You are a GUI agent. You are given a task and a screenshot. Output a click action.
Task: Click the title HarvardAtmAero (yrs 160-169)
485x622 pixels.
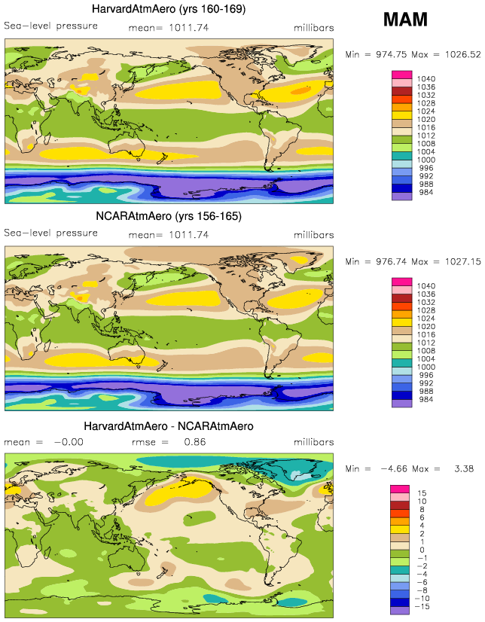pos(168,10)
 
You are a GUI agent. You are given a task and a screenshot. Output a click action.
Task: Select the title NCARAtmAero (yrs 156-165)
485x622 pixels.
pos(168,216)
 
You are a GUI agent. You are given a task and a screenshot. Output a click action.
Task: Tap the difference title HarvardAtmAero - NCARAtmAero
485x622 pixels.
pos(168,426)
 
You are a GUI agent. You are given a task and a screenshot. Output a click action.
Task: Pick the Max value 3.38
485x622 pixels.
pos(466,468)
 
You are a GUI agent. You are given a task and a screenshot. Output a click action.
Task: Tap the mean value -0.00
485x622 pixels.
pos(66,442)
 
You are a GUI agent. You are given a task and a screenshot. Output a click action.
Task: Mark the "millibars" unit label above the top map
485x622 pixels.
pos(314,28)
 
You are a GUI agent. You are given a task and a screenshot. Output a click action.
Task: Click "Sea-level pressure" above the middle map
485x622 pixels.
pos(50,233)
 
